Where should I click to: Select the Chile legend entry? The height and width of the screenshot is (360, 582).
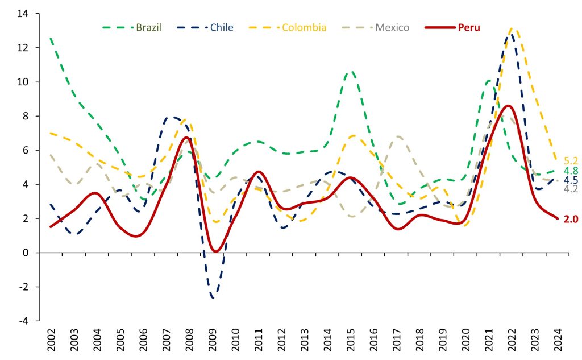click(222, 27)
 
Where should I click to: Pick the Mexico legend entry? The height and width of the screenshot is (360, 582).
click(391, 27)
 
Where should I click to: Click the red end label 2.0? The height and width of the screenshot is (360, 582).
click(571, 219)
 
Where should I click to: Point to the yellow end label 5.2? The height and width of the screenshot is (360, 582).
click(571, 161)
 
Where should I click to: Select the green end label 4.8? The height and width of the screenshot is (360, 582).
click(571, 171)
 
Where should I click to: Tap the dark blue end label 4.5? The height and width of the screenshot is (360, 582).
click(571, 180)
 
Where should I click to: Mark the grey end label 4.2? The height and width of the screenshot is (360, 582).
click(571, 189)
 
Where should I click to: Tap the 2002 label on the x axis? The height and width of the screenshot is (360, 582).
click(51, 341)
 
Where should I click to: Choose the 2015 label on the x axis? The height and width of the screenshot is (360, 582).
click(352, 341)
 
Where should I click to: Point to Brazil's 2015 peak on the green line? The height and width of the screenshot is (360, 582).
click(351, 72)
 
